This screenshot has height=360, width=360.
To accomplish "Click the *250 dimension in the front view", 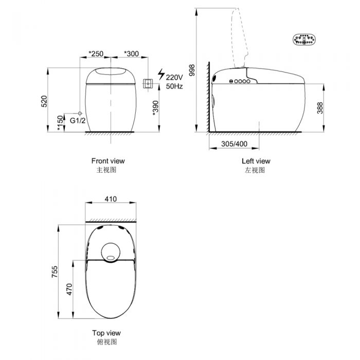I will click(x=96, y=54).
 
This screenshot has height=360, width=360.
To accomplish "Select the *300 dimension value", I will click(x=131, y=54).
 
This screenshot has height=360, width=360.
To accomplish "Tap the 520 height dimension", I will click(x=44, y=101).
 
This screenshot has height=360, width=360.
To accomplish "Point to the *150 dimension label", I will click(x=60, y=123).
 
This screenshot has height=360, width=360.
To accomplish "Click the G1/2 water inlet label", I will click(x=77, y=120).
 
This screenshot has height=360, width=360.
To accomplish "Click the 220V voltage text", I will click(x=174, y=78).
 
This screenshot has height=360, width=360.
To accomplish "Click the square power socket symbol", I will click(x=148, y=83).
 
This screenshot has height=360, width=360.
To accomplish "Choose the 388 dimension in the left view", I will click(x=320, y=107).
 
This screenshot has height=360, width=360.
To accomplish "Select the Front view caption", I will click(x=107, y=161).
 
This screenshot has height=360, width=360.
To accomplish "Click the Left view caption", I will click(x=256, y=161).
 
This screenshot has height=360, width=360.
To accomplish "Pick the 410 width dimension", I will click(x=111, y=199).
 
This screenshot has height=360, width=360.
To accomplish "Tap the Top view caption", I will click(x=106, y=333).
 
